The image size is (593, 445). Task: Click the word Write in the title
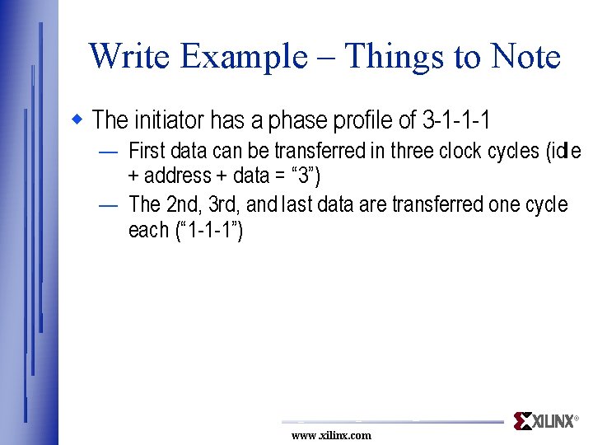click(129, 57)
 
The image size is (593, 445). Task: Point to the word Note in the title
click(525, 57)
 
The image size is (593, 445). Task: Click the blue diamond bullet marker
click(79, 119)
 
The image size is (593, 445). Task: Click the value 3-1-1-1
click(456, 120)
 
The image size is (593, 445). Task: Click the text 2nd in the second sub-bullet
click(183, 204)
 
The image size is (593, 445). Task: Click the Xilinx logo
click(545, 421)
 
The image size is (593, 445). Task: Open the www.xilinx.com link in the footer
click(331, 435)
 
